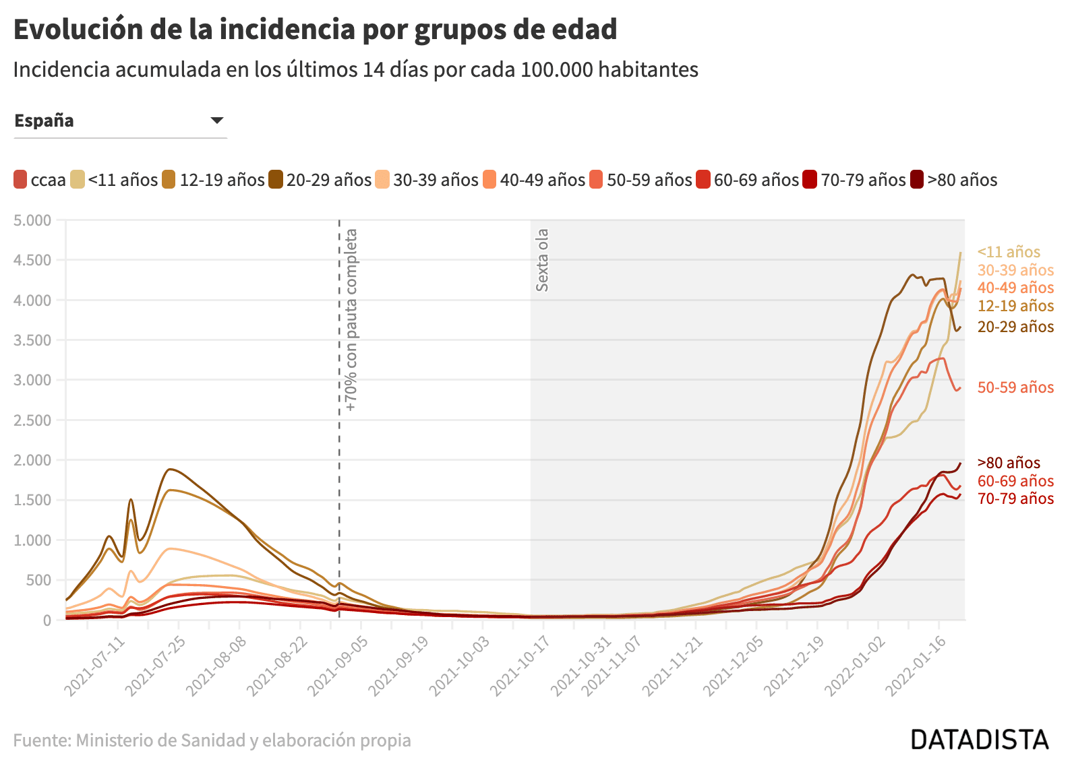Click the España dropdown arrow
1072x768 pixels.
point(216,121)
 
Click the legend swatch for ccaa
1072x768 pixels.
point(21,180)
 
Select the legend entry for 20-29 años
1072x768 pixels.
point(320,180)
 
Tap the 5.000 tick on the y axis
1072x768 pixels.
point(32,220)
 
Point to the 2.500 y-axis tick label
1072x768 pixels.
point(32,420)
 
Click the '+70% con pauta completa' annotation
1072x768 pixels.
point(351,320)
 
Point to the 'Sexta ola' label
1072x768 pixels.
point(542,260)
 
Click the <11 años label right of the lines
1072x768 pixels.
point(1009,252)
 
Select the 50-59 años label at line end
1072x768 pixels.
point(1015,387)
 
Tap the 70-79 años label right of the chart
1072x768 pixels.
point(1015,499)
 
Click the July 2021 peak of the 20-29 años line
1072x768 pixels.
point(170,469)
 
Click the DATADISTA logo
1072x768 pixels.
point(980,739)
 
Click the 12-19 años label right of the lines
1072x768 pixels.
point(1015,306)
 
